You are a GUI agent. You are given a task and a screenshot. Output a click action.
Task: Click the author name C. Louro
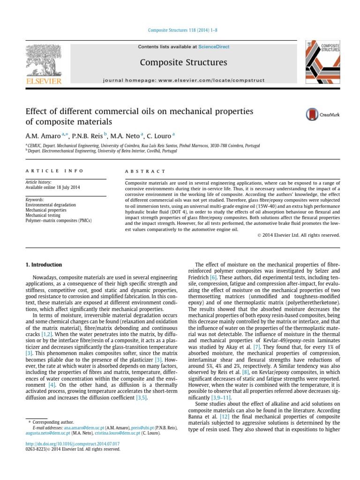tap(159, 135)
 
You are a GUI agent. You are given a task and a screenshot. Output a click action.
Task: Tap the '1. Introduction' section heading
tap(43, 265)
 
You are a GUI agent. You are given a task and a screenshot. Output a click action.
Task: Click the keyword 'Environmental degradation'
tap(51, 205)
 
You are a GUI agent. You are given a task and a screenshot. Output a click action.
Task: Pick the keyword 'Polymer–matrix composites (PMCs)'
tap(59, 220)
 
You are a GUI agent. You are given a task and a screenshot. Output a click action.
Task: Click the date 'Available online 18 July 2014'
tap(52, 187)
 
